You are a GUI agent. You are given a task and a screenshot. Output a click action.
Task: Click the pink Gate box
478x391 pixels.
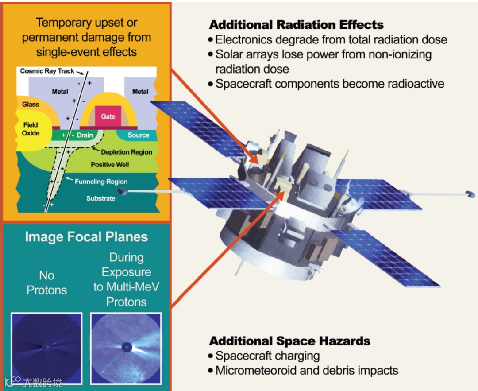[x=108, y=117]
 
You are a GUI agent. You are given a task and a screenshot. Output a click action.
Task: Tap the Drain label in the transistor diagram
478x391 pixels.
[x=85, y=135]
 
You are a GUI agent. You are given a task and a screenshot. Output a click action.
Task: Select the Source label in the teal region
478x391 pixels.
[x=138, y=135]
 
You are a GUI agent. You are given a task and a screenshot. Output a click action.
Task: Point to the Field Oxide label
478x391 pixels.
[x=31, y=129]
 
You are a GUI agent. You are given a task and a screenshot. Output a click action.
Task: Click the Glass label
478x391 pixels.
[x=31, y=105]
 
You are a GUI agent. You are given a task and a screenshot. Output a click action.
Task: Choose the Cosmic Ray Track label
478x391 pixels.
[x=47, y=71]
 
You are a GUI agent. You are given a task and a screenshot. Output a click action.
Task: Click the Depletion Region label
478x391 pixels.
[x=126, y=152]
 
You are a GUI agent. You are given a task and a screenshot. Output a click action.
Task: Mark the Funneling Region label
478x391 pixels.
[x=101, y=182]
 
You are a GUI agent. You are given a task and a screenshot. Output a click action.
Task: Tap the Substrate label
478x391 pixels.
[x=100, y=198]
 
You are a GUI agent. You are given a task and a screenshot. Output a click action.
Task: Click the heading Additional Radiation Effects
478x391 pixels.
[x=296, y=24]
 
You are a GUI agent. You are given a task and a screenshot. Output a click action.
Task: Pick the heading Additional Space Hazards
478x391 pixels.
[x=289, y=341]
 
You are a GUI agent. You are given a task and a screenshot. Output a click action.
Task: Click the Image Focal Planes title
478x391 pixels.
[x=86, y=237]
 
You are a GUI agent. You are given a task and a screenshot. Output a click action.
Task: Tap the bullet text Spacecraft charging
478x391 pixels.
[x=267, y=356]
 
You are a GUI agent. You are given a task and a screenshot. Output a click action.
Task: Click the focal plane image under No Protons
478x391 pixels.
[x=47, y=347]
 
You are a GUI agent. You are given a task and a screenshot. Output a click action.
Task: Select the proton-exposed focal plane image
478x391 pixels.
[x=126, y=347]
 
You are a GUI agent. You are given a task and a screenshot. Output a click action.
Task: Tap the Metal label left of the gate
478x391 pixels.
[x=60, y=92]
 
